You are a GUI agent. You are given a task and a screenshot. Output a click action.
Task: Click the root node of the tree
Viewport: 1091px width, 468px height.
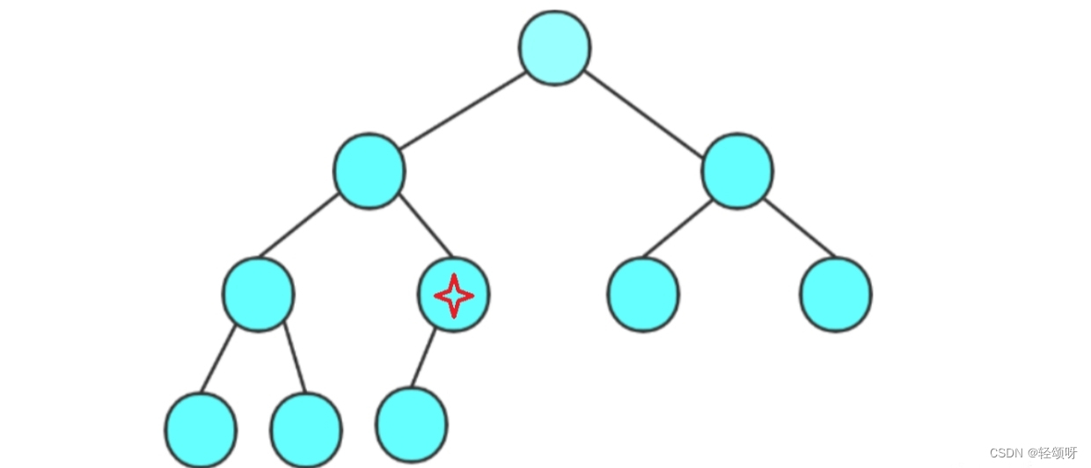pos(554,48)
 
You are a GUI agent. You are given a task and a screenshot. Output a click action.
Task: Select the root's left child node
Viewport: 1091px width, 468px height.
pos(370,171)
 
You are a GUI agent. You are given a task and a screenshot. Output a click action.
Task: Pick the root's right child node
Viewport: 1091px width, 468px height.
pos(737,171)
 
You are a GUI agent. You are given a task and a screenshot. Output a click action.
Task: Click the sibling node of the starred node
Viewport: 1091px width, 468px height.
pos(259,294)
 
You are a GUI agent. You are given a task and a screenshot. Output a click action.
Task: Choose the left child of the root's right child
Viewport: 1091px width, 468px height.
pos(643,294)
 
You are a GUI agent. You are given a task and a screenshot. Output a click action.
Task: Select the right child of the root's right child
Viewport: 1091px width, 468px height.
pos(836,294)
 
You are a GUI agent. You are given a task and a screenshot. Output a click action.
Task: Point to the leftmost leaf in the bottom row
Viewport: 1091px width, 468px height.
pos(201,429)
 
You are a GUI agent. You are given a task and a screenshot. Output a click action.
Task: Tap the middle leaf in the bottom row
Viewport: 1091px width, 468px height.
pos(306,429)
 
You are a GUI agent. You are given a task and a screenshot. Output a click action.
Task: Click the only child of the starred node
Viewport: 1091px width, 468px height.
pos(411,423)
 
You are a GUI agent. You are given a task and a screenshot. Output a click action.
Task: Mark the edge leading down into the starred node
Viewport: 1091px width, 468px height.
pos(426,227)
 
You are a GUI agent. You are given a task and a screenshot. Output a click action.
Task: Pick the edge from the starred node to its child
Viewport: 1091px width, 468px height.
pos(424,359)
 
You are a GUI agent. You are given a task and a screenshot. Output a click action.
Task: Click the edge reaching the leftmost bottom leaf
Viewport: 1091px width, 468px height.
pos(218,359)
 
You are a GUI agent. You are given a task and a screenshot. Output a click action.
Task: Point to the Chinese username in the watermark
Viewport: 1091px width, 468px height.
pos(1058,453)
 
